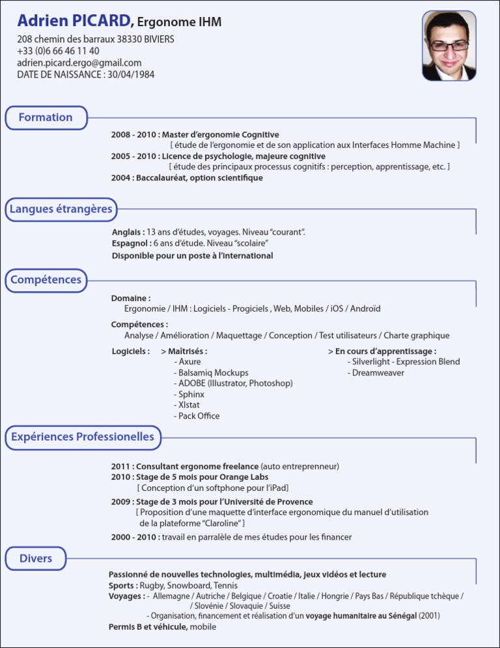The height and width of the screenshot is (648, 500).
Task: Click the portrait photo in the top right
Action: coord(449,46)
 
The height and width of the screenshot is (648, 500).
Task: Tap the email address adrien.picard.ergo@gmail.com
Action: coord(79,63)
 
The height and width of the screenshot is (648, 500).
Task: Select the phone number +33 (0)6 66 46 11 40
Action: coord(58,51)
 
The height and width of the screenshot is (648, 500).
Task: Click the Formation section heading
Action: coord(46,117)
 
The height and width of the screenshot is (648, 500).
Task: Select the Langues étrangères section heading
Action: coord(61,209)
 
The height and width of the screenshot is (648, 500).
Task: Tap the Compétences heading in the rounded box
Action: coord(46,280)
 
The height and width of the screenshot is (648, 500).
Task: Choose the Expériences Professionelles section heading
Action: coord(83,437)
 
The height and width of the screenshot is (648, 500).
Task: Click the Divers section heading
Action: coord(35,559)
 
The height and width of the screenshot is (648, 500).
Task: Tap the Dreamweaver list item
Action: coord(378,372)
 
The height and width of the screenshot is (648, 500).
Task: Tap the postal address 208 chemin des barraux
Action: coord(96,39)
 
